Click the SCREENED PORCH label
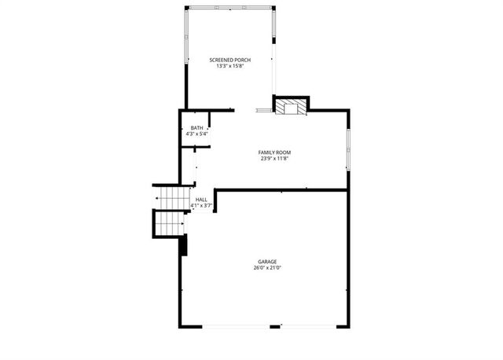coord(229,60)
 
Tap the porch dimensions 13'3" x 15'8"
coord(229,66)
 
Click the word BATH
coord(196,128)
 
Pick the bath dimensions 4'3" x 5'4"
coord(196,134)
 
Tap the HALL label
coord(201,200)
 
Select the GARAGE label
coord(267,262)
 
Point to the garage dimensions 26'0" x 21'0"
coord(267,268)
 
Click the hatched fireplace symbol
coord(291,108)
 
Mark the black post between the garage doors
coord(275,326)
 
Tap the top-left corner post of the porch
coord(186,9)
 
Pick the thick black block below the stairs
coord(184,245)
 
